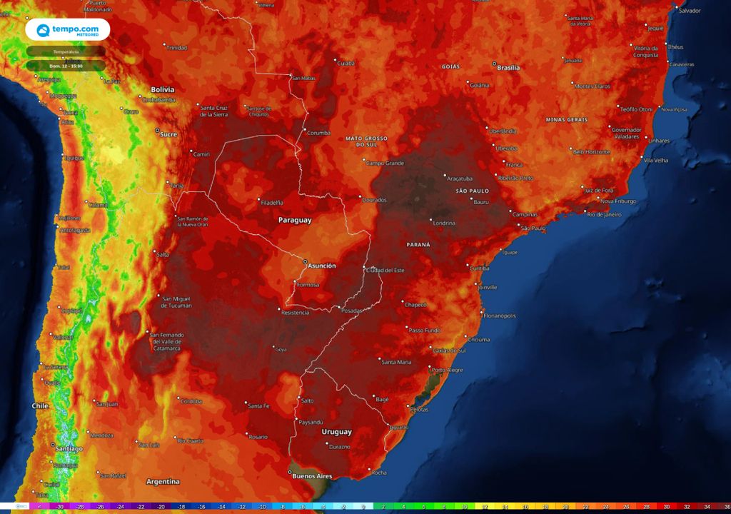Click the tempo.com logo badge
coord(68,30)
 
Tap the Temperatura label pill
coord(66,51)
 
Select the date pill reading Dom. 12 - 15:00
coord(66,66)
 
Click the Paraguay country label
coord(295,221)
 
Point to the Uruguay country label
coord(336,432)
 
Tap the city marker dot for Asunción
coord(305,261)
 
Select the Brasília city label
coord(508,68)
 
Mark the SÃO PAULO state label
coord(472,191)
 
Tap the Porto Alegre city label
coord(448,370)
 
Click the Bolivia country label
coord(162,89)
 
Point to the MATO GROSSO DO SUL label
coord(365,141)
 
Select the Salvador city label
coord(690,11)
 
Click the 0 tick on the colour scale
coord(363,507)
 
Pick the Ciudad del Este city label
coord(385,270)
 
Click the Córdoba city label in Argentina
coord(191,400)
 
